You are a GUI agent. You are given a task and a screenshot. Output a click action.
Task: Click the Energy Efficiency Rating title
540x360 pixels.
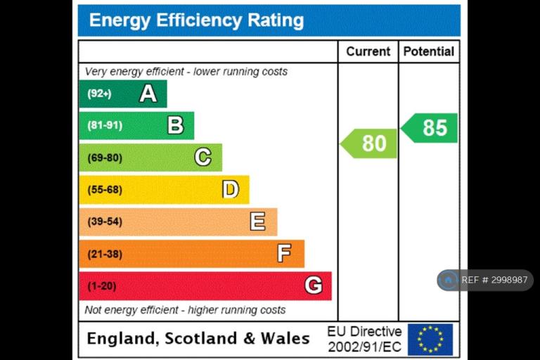point(196,20)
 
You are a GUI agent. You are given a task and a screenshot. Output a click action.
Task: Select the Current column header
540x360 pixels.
point(368,51)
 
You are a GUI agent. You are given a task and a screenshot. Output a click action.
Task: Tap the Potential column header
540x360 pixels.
point(429,51)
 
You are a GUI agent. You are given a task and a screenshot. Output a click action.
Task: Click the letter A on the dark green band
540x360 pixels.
point(148,94)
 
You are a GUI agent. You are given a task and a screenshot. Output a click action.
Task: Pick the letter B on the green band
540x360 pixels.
point(175,125)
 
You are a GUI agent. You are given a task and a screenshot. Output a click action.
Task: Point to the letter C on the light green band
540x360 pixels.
point(202,157)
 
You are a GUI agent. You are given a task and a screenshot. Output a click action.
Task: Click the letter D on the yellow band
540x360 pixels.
point(231,189)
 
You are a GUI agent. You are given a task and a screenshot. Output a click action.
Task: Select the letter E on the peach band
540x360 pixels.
point(257,221)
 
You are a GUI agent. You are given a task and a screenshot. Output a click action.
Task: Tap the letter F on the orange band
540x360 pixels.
point(285,253)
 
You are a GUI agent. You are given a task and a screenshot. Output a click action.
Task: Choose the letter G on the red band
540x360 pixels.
point(314,285)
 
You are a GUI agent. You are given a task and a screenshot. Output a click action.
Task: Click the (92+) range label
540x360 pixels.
point(99,94)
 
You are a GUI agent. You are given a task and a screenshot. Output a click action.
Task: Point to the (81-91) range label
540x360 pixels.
point(105,125)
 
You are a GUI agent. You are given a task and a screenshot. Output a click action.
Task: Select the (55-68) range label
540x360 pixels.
point(105,189)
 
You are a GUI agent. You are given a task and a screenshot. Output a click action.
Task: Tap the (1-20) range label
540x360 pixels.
point(101,286)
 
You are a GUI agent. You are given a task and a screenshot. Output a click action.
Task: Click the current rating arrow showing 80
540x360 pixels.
point(368,143)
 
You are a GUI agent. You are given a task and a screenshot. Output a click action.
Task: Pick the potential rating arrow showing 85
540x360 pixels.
point(429,128)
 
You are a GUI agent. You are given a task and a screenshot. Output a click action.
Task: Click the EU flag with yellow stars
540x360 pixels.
point(430,340)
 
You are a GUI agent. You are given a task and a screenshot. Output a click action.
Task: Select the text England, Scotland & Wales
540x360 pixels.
point(198,338)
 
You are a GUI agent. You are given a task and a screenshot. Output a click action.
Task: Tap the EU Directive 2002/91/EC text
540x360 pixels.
point(364,339)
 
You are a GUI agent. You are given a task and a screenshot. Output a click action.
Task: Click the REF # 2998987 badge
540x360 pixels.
point(485,280)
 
